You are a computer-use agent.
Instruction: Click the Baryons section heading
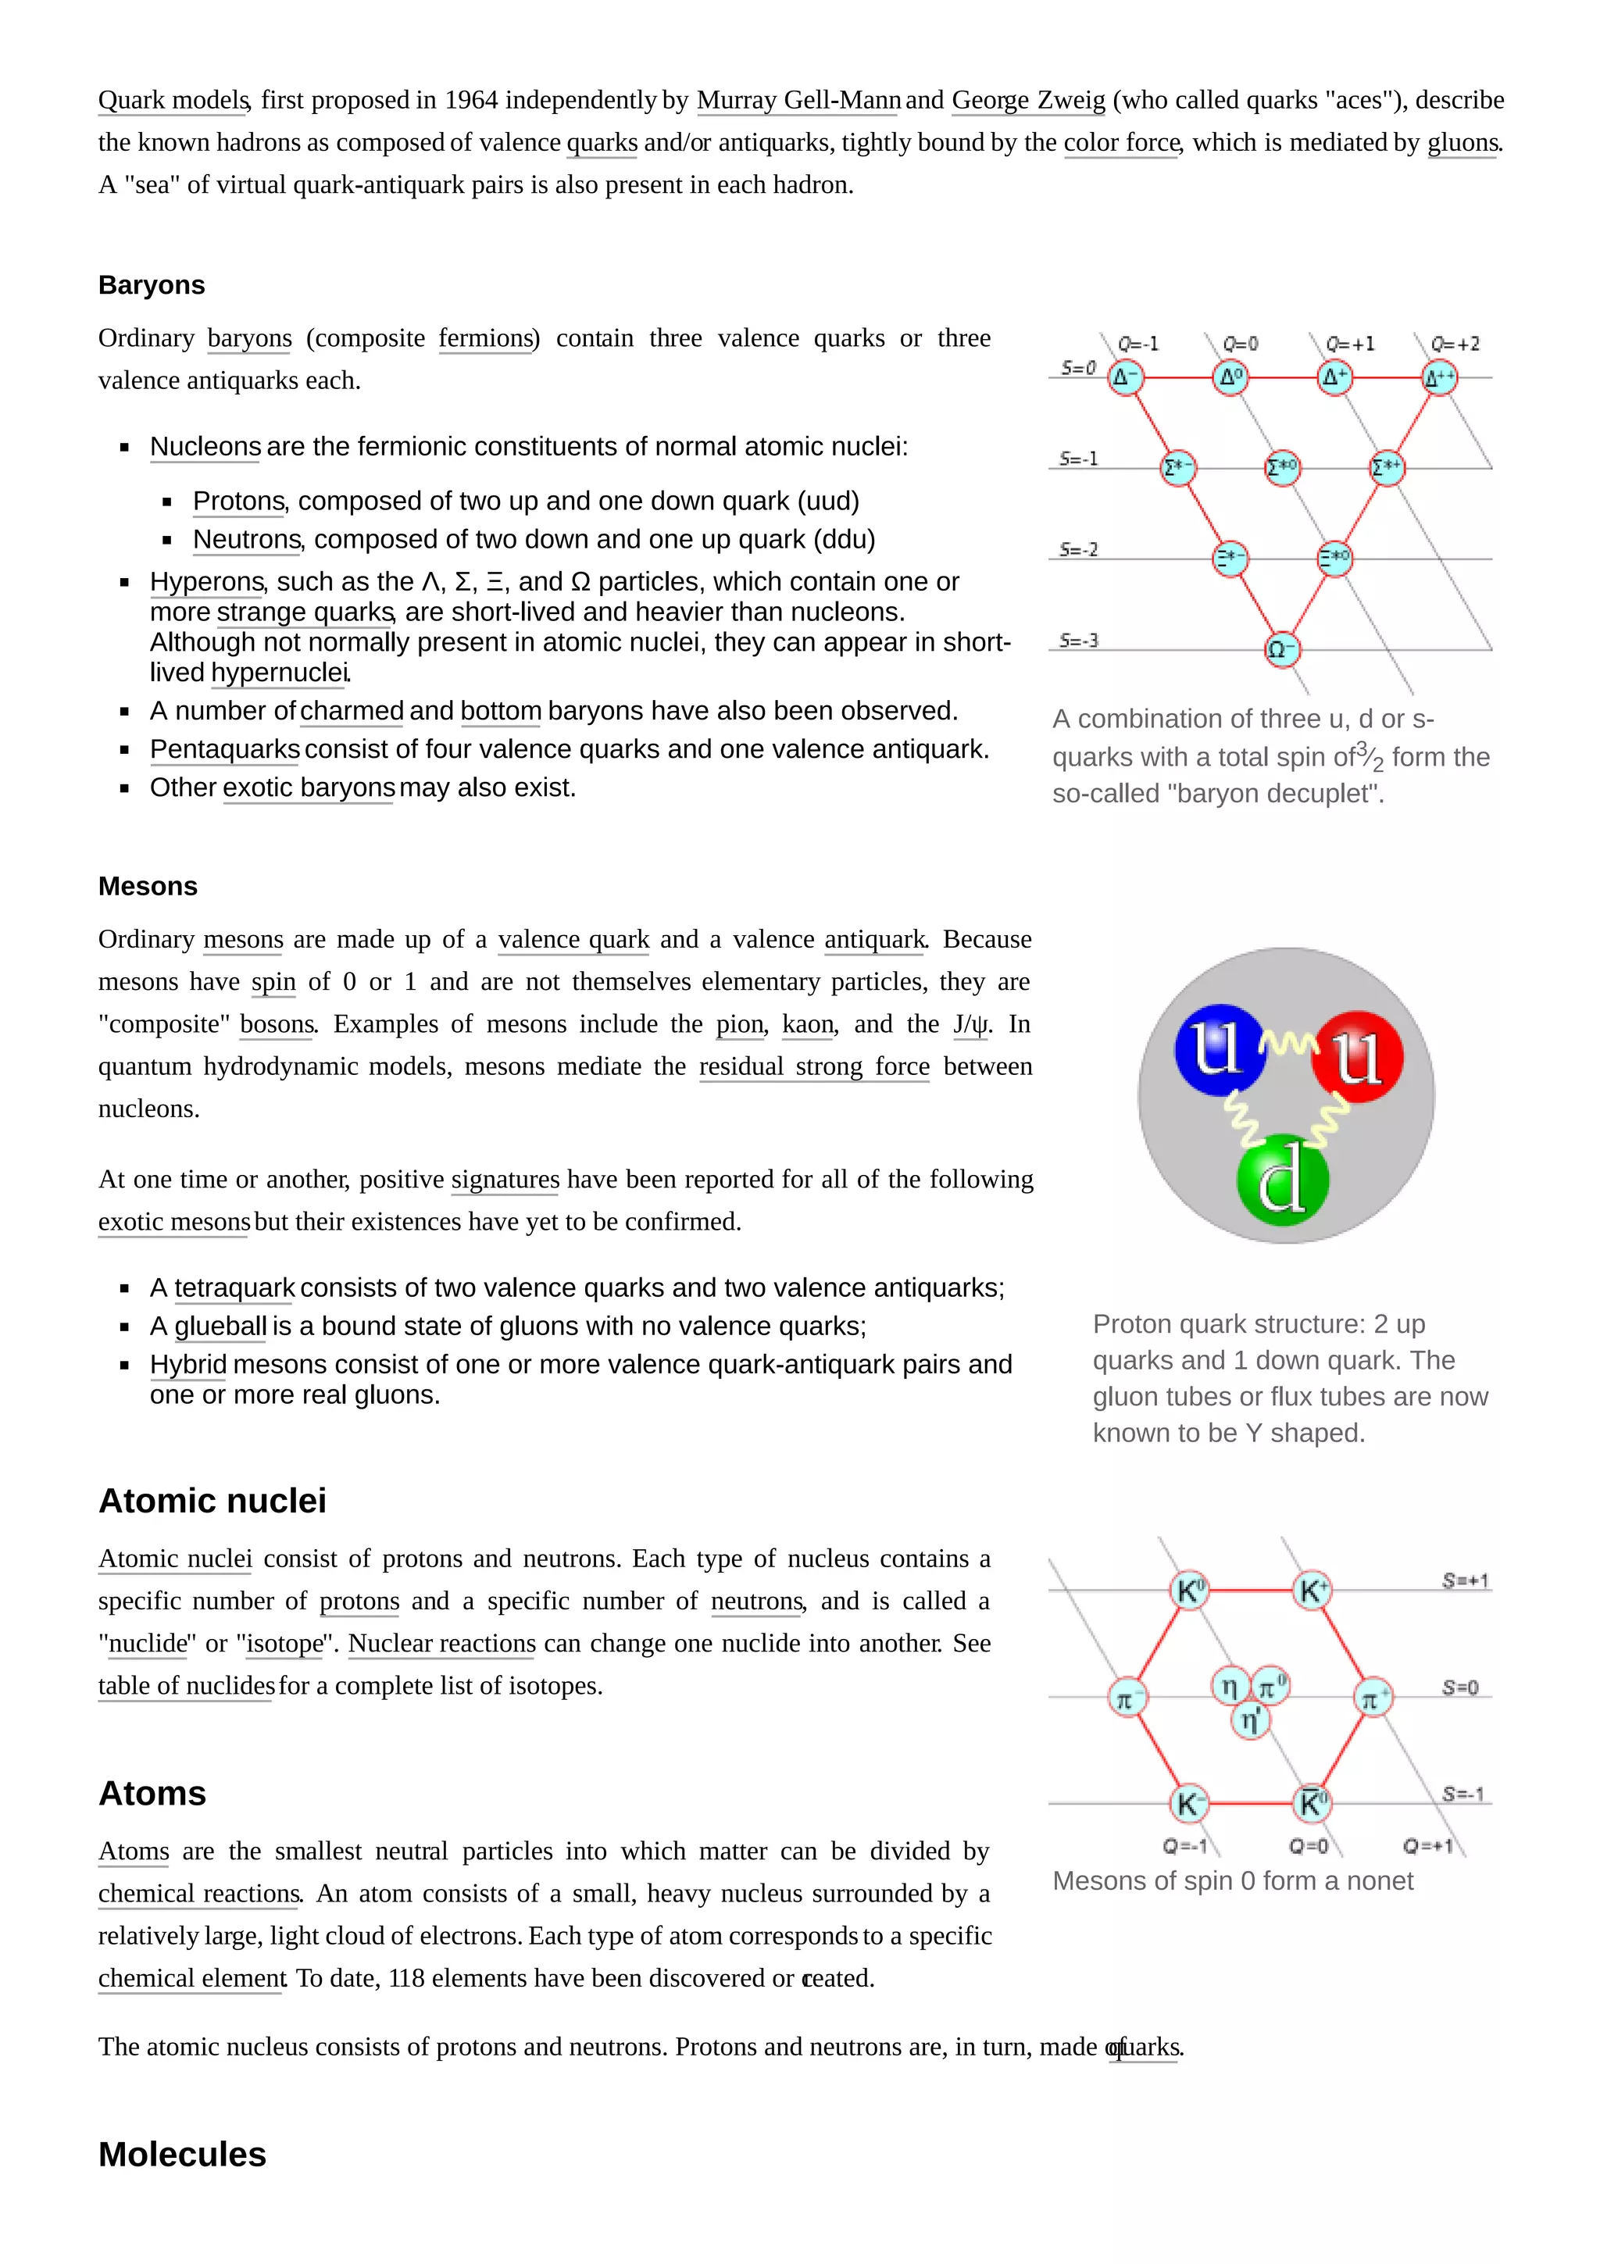pos(151,285)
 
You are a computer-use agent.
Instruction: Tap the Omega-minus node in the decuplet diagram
pos(1281,650)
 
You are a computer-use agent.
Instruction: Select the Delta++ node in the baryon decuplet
pos(1439,377)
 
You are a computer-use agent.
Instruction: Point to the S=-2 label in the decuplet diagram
pos(1078,549)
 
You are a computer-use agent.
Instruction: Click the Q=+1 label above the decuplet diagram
pos(1349,345)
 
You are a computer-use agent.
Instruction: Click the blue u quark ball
pos(1219,1049)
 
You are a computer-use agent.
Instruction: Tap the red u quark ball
pos(1358,1056)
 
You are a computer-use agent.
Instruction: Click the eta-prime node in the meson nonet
pos(1250,1721)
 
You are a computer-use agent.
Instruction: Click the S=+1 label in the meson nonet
pos(1465,1580)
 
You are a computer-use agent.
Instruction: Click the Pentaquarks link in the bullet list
pos(225,749)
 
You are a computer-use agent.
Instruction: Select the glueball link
pos(221,1327)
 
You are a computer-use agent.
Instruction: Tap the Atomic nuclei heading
pos(212,1501)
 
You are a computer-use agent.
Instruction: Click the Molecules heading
pos(182,2155)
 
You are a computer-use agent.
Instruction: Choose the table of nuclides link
pos(185,1686)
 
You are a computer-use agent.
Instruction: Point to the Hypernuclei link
pos(280,673)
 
